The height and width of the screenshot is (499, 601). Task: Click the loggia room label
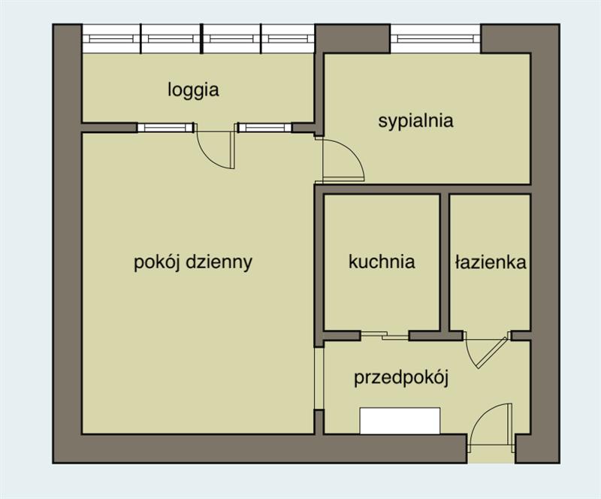(x=194, y=90)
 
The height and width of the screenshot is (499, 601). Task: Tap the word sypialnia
(x=416, y=121)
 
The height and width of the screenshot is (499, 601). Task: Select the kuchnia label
(x=382, y=262)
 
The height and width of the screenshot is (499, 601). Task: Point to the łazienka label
(x=491, y=262)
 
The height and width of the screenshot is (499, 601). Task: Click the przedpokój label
(x=401, y=378)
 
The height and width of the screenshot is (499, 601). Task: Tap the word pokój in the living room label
(x=157, y=263)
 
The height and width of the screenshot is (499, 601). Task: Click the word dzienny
(x=219, y=263)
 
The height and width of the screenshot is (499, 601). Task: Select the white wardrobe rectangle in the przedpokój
(x=400, y=421)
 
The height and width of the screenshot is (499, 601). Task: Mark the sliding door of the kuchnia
(x=385, y=337)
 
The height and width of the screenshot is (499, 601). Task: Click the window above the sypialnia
(x=436, y=39)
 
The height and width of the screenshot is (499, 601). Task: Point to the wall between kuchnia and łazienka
(x=444, y=262)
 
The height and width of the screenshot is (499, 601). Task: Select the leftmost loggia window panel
(x=111, y=39)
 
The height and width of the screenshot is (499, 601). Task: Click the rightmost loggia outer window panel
(x=288, y=39)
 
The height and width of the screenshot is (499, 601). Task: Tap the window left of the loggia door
(x=165, y=128)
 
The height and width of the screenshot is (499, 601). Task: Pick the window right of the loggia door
(x=264, y=128)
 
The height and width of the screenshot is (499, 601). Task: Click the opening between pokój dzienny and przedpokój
(x=319, y=379)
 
